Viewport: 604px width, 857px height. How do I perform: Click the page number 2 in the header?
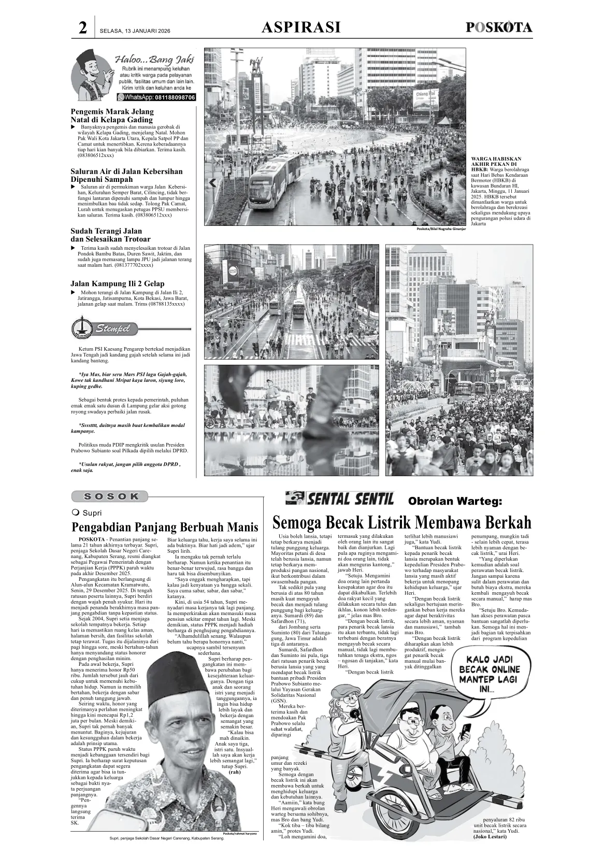tap(82, 28)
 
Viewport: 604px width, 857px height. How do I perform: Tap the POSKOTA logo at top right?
tap(498, 27)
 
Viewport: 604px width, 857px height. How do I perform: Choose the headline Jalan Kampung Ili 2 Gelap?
tap(117, 283)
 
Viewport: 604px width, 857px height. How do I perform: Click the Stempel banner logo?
tap(104, 328)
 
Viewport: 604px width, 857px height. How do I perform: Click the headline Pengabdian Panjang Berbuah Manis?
tap(164, 527)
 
